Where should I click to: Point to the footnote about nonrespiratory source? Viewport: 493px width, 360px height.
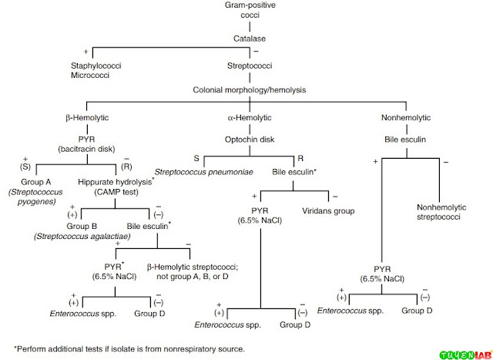pos(129,348)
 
